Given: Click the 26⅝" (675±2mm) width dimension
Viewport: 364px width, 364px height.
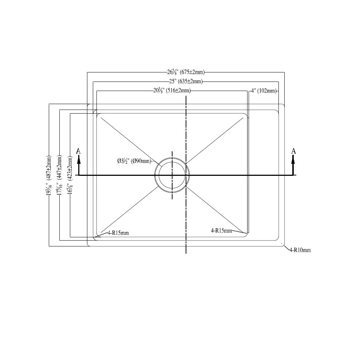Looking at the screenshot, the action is [x=186, y=72].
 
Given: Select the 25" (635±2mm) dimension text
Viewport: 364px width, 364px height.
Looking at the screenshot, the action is [x=186, y=82].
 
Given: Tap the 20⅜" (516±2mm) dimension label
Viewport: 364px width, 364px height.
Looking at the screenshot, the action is [x=172, y=91].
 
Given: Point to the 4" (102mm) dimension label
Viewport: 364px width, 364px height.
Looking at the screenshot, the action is [x=264, y=91].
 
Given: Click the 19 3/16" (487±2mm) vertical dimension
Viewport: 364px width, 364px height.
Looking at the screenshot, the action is [x=49, y=176].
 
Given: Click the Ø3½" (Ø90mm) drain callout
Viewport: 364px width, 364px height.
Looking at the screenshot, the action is [x=134, y=161].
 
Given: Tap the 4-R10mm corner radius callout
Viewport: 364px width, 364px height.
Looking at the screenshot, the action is [x=300, y=250].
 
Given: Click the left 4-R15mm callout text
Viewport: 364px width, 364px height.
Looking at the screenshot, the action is [x=118, y=233].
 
